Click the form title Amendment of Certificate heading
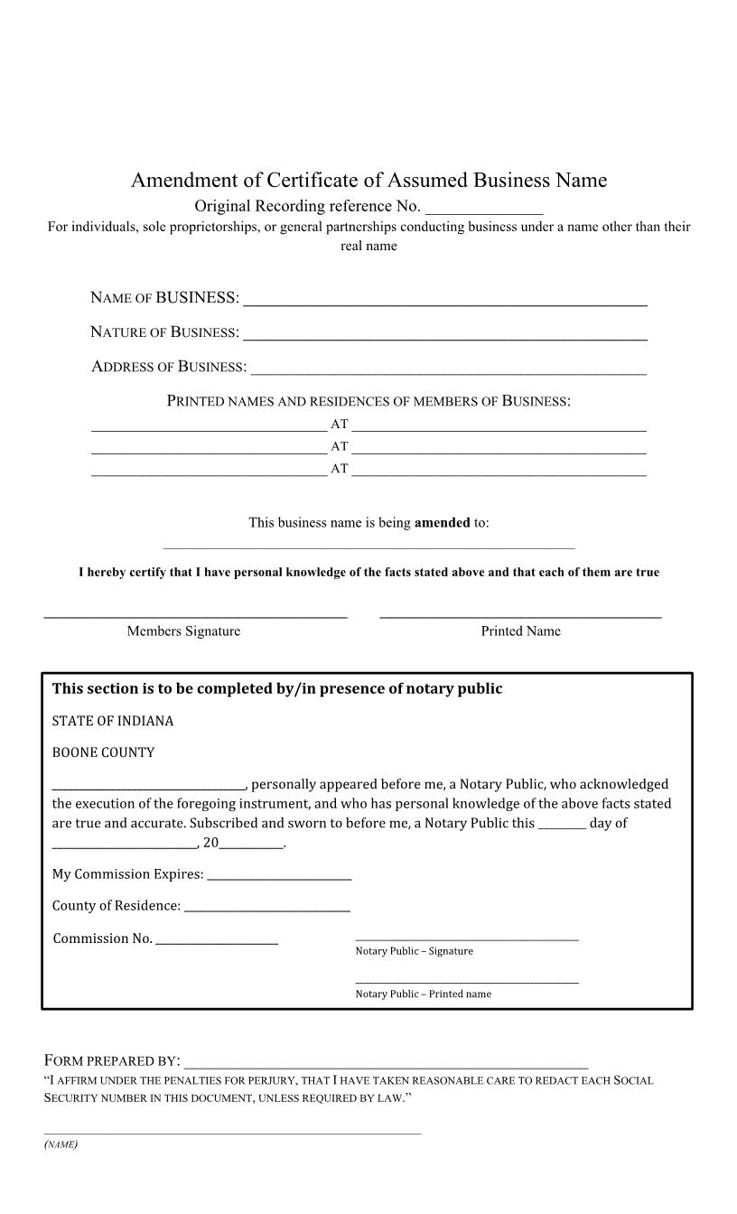pyautogui.click(x=368, y=181)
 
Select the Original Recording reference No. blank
pyautogui.click(x=483, y=208)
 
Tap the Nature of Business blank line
pyautogui.click(x=445, y=334)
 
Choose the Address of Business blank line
pyautogui.click(x=448, y=369)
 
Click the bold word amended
pyautogui.click(x=442, y=523)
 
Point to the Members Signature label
pyautogui.click(x=183, y=631)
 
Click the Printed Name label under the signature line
pyautogui.click(x=520, y=631)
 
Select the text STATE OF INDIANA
pyautogui.click(x=113, y=722)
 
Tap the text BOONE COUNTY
pyautogui.click(x=103, y=752)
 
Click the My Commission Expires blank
pyautogui.click(x=279, y=875)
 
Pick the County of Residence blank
pyautogui.click(x=266, y=907)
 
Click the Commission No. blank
pyautogui.click(x=217, y=939)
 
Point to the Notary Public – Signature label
pyautogui.click(x=414, y=951)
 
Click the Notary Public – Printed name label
pyautogui.click(x=423, y=995)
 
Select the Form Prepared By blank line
pyautogui.click(x=386, y=1062)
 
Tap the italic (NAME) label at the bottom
pyautogui.click(x=61, y=1144)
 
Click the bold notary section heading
pyautogui.click(x=277, y=689)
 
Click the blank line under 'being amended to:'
pyautogui.click(x=368, y=545)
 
